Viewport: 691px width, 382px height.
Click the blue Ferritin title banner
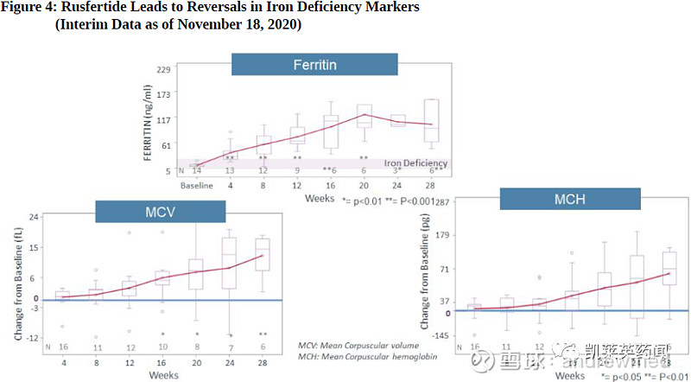tap(314, 65)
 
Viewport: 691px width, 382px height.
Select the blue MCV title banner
tap(160, 213)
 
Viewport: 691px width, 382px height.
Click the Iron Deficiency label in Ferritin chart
tap(415, 163)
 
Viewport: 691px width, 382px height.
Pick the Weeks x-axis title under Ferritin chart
tap(320, 198)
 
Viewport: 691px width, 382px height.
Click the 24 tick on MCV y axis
tap(34, 217)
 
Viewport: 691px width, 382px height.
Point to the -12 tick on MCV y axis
tap(32, 337)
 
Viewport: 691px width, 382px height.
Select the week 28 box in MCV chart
tap(263, 254)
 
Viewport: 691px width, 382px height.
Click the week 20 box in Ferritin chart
tap(365, 116)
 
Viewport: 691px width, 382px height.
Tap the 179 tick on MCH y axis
tap(444, 235)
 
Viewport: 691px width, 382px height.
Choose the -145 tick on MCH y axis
tap(441, 336)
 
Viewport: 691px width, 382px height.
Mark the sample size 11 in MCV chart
tap(97, 347)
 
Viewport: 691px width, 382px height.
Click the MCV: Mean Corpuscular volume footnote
tap(358, 344)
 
